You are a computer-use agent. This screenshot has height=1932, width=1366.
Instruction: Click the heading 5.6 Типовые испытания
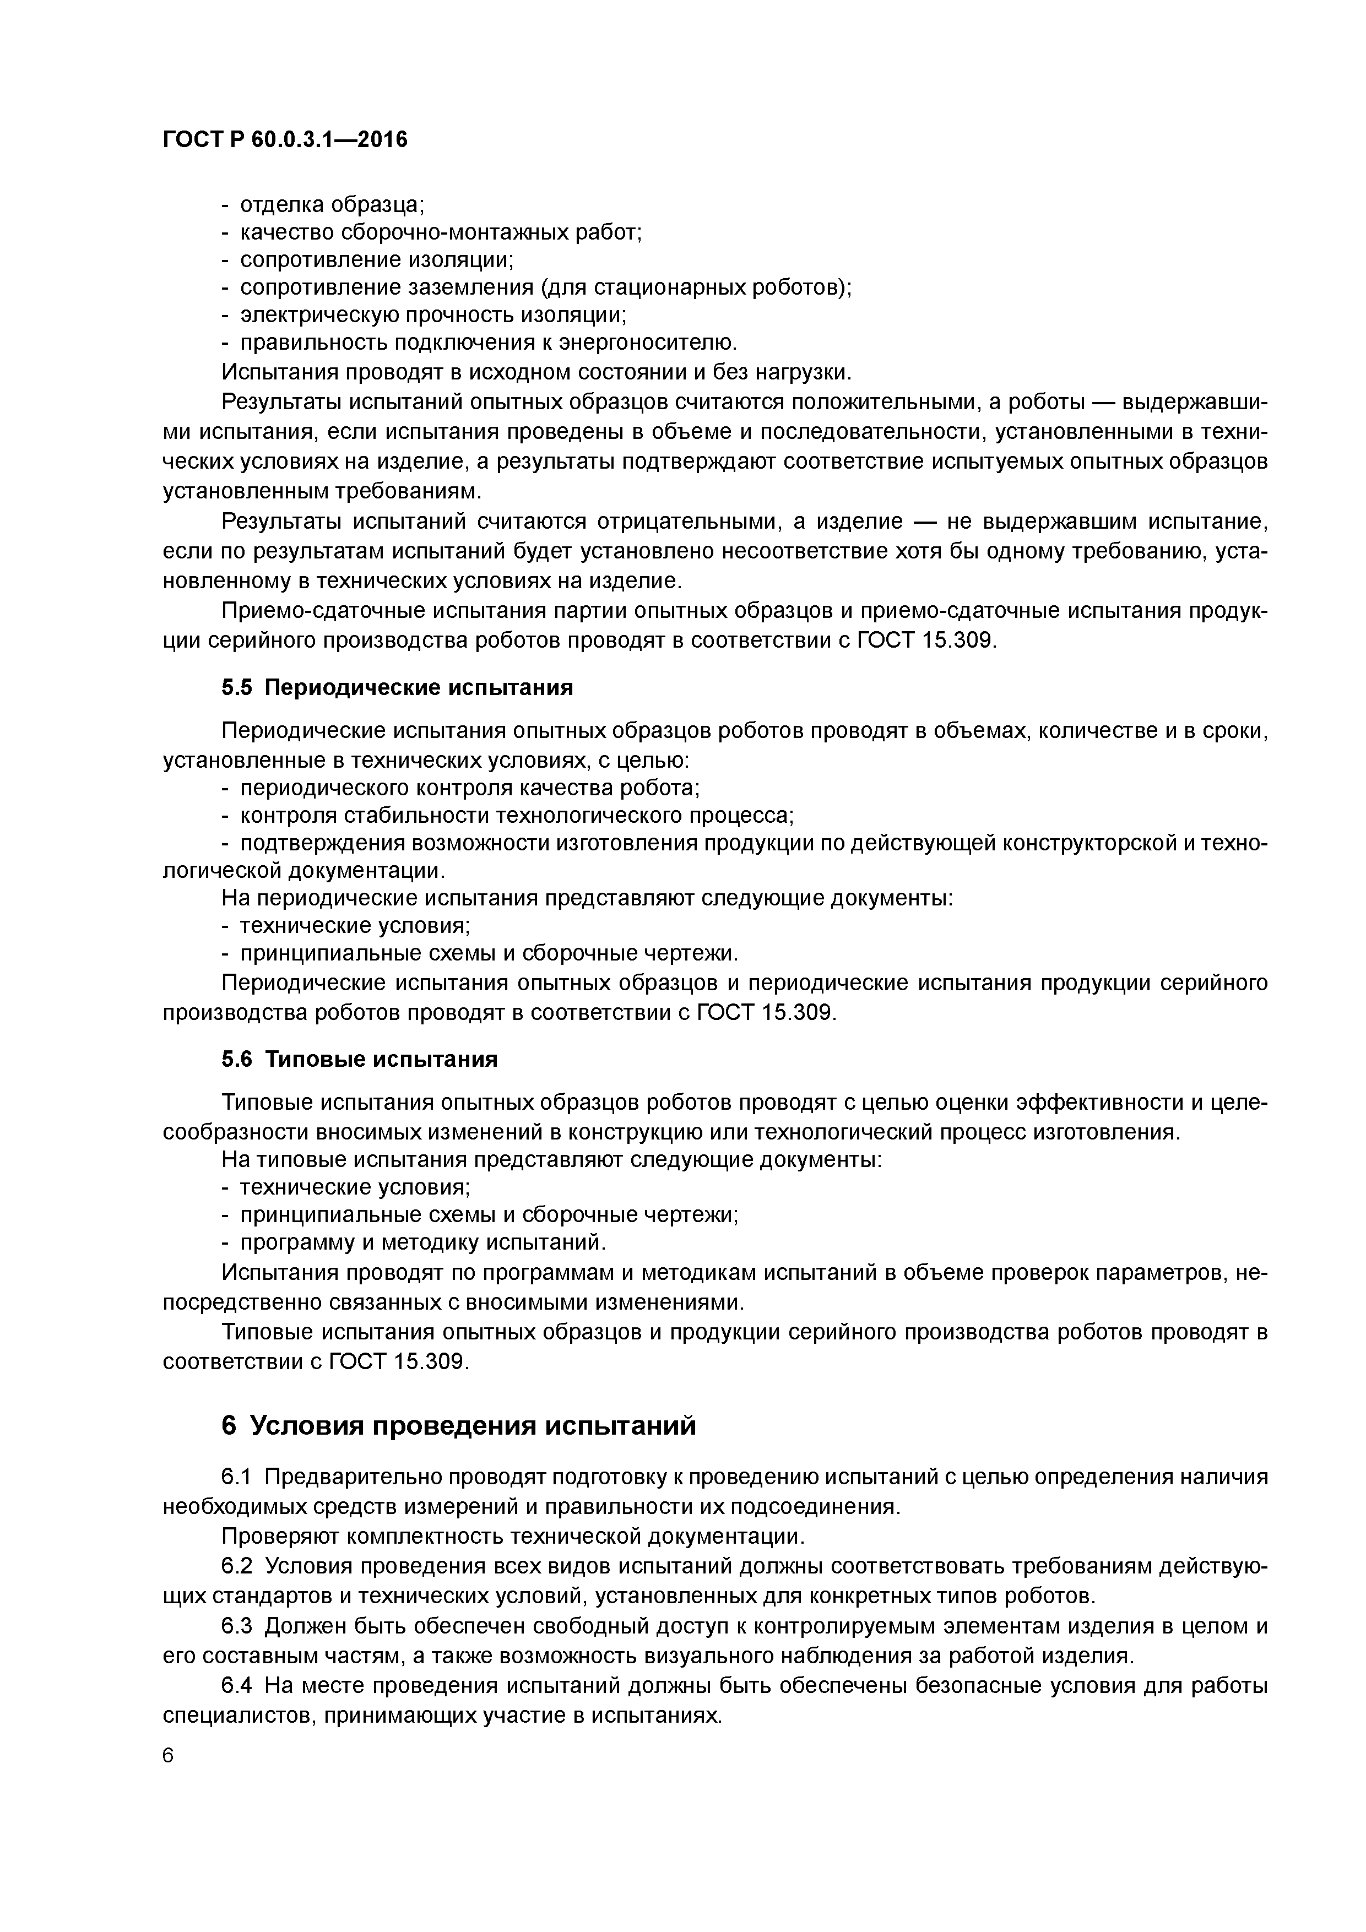click(x=359, y=1060)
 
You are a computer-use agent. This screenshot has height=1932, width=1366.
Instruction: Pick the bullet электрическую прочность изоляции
click(x=433, y=316)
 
